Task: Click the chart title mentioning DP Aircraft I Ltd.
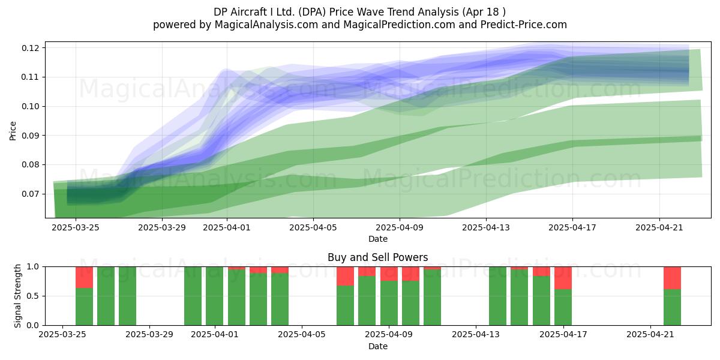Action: (x=359, y=12)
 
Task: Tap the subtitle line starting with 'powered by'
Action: (x=359, y=25)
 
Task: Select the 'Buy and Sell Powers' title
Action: (x=377, y=257)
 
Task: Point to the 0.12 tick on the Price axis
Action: (x=31, y=48)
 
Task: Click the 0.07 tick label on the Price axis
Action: (x=31, y=194)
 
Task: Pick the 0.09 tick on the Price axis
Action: (x=31, y=136)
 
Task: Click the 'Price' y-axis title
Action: (x=13, y=131)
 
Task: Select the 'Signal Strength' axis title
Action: (x=17, y=296)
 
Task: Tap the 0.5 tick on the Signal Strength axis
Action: (x=33, y=296)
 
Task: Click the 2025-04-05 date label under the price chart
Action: (x=313, y=227)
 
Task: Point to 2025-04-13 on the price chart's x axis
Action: (x=486, y=227)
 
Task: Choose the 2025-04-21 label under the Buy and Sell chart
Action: (x=650, y=335)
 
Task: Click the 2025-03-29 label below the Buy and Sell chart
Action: (x=149, y=335)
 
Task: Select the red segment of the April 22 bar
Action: (x=673, y=278)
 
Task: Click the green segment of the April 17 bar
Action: (x=563, y=307)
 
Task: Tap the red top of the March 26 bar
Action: (x=84, y=277)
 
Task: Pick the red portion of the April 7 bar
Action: (x=345, y=276)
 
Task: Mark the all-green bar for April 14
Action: (x=497, y=296)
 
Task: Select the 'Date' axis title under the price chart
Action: (x=377, y=239)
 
